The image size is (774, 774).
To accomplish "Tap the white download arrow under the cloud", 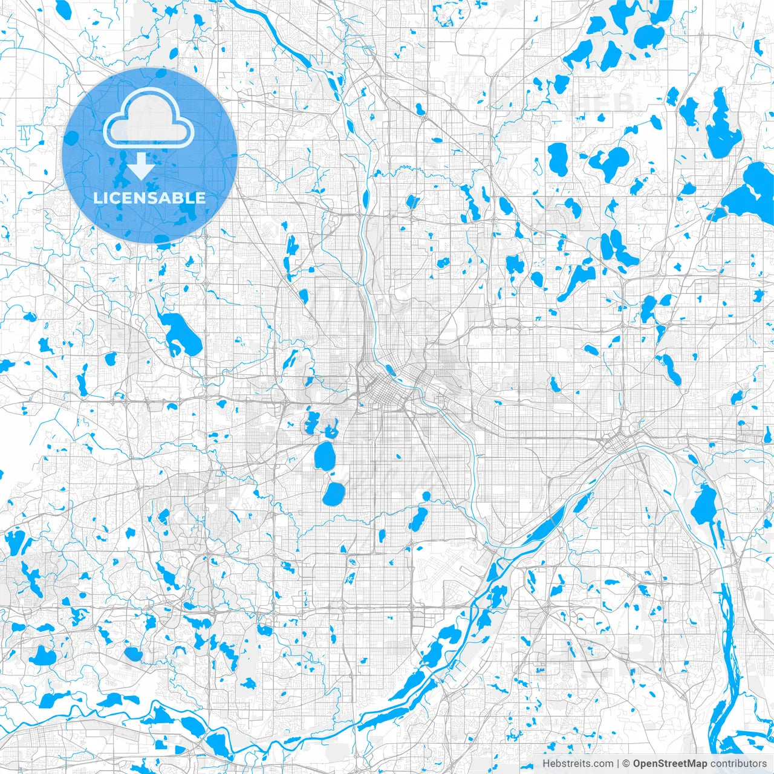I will pos(141,166).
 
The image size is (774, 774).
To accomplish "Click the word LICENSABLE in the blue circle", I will pos(149,198).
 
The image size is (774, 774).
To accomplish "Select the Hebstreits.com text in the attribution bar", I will pos(577,764).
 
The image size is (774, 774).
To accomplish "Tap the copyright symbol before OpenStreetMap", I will pos(626,764).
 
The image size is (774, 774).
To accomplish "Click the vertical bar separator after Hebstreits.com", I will pos(618,764).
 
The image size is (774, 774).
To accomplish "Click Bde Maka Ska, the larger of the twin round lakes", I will pos(325,455).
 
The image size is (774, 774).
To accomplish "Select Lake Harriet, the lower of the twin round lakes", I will pos(333,493).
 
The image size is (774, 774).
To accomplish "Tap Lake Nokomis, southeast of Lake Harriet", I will pos(417,519).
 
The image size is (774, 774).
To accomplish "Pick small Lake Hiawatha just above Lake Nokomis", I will pos(426,496).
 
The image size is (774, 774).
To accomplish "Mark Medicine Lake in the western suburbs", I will pos(178,333).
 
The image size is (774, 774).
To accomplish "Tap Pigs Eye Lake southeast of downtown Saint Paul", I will pos(703,506).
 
